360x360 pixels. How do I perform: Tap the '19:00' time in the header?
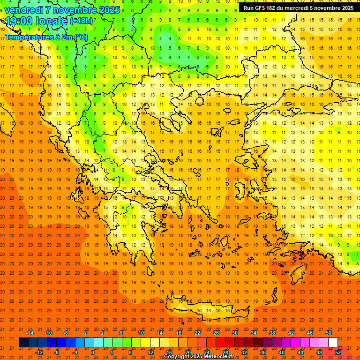tap(19, 21)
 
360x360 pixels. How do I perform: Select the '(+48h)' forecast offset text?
tap(81, 21)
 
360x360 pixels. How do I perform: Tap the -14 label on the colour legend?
tap(30, 333)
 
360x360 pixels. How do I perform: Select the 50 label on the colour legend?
tap(329, 333)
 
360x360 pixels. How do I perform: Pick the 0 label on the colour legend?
tap(93, 352)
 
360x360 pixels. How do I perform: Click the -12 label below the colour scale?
tap(39, 352)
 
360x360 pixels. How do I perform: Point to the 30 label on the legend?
tap(234, 333)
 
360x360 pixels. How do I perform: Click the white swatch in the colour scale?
tap(333, 343)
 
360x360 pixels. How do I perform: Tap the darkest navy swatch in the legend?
tap(23, 343)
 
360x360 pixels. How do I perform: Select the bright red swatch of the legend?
tap(220, 343)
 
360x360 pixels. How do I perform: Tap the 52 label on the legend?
tap(338, 352)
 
